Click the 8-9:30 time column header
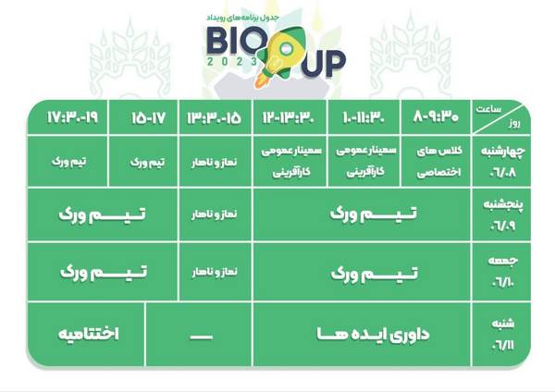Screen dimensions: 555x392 point(436,116)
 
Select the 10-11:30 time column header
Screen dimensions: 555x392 point(364,116)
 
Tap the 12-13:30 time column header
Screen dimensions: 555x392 point(289,116)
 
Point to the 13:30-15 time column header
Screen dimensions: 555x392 point(215,117)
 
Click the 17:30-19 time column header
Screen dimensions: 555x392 point(72,117)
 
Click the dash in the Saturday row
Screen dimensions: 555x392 point(201,337)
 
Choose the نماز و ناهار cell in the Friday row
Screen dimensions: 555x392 point(215,272)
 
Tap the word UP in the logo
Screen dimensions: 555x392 point(323,64)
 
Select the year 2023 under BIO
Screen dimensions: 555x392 point(232,62)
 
